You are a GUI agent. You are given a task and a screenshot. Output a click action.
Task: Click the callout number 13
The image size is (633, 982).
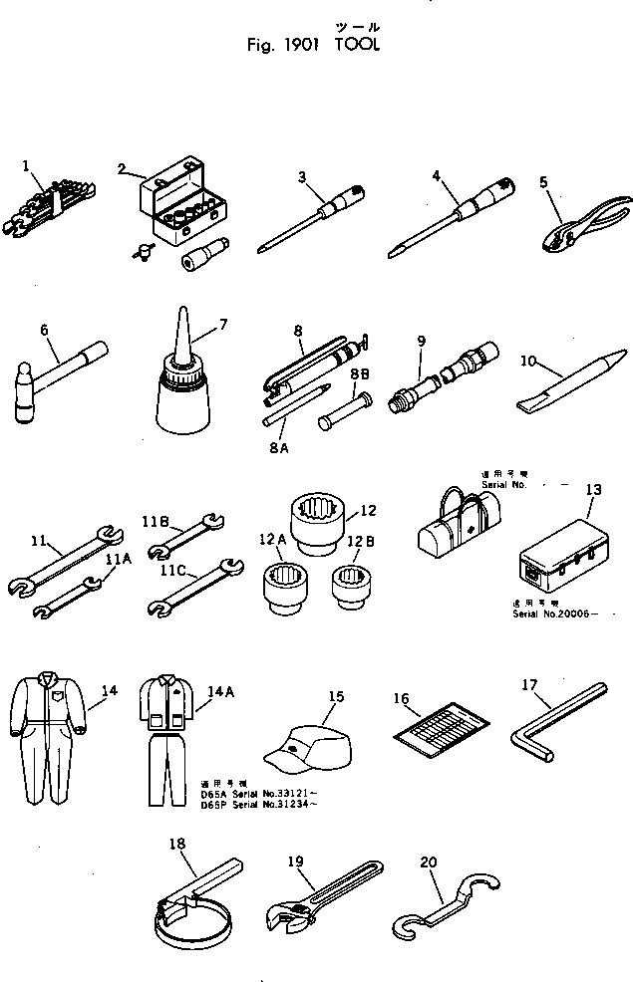(593, 489)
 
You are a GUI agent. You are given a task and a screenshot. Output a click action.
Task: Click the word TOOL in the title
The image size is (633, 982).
(358, 45)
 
